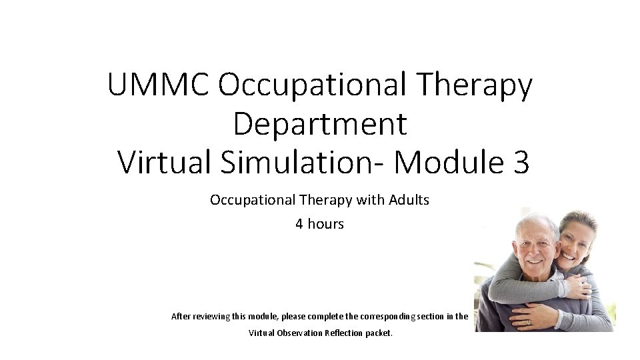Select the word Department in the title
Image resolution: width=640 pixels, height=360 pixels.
pos(320,123)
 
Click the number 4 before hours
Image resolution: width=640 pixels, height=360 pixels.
pos(299,224)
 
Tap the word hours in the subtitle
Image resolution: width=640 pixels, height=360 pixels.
pos(325,224)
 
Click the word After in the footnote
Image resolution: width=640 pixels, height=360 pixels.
pos(181,316)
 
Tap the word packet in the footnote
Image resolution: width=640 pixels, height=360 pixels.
pos(379,333)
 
